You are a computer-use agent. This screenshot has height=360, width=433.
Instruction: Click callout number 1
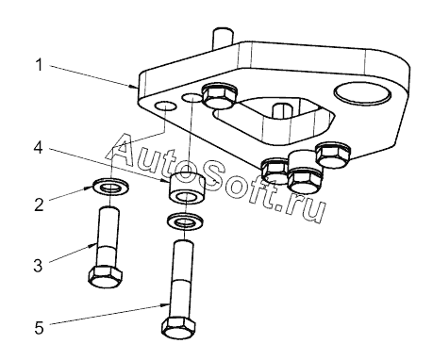[39, 65]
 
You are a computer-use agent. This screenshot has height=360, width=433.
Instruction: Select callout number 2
[39, 205]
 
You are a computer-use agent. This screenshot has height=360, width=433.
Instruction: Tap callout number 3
[38, 266]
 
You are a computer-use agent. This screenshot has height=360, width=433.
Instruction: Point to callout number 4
[38, 147]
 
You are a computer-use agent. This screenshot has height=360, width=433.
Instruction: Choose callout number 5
[39, 328]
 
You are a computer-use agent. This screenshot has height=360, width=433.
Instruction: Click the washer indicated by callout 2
[110, 187]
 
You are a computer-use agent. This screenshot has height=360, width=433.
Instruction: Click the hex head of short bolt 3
[106, 276]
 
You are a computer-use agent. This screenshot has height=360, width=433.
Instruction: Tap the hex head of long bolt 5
[179, 328]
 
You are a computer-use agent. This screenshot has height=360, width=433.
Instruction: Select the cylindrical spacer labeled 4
[188, 188]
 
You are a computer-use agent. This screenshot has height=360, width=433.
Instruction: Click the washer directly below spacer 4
[185, 221]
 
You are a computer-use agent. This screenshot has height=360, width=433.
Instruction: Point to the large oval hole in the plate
[362, 93]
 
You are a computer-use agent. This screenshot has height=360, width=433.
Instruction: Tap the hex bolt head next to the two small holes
[220, 96]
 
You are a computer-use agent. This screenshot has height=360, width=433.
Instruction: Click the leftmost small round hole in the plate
[166, 106]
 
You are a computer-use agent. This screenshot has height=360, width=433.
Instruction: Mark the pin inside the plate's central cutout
[282, 111]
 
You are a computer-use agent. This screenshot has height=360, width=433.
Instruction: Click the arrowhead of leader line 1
[134, 86]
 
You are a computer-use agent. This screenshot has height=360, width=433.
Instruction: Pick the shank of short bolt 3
[108, 237]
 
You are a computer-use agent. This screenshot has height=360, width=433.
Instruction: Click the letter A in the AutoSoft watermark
[126, 151]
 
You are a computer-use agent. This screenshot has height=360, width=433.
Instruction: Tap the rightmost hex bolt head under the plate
[333, 155]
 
